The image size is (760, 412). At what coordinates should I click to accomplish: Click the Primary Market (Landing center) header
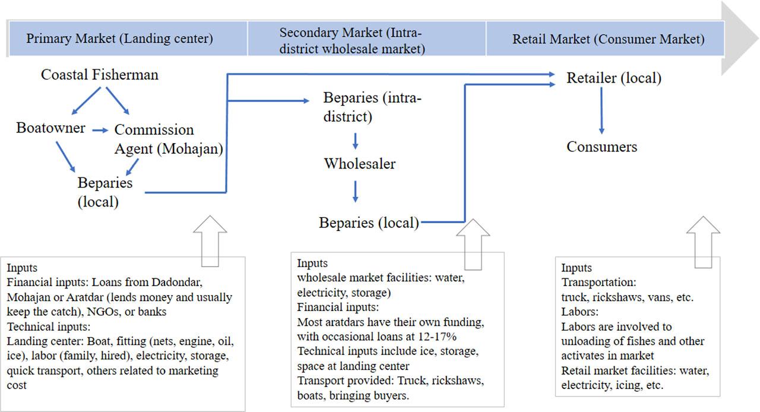click(x=119, y=39)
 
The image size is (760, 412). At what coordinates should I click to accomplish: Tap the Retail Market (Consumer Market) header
click(x=608, y=39)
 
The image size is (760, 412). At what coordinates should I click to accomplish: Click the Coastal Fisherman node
click(x=100, y=75)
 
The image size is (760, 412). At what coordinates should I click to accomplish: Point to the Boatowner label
click(x=50, y=128)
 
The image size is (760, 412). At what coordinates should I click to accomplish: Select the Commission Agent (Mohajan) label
click(x=168, y=139)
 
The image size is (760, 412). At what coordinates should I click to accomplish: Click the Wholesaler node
click(x=359, y=163)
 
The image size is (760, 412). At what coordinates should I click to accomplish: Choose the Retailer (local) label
click(x=613, y=78)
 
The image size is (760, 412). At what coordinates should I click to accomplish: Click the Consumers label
click(x=601, y=147)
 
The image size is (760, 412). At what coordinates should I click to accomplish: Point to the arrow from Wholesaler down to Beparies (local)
click(x=355, y=192)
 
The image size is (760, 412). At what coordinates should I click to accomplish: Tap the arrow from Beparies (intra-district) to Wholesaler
click(x=355, y=141)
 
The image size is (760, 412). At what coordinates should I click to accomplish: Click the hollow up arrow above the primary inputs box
click(x=210, y=240)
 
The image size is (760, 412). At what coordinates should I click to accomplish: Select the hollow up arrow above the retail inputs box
click(x=703, y=240)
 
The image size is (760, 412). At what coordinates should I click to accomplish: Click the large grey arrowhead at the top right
click(x=740, y=39)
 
